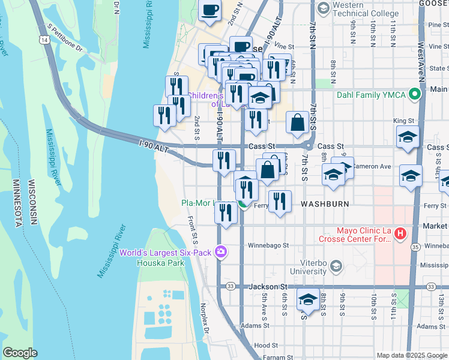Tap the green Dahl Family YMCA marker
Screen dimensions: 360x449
point(414,94)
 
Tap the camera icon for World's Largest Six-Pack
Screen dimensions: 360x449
point(220,252)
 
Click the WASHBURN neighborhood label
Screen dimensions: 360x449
point(325,204)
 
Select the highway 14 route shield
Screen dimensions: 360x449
point(44,39)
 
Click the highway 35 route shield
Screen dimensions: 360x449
point(415,246)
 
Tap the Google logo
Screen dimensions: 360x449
point(20,353)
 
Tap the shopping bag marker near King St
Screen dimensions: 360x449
point(298,123)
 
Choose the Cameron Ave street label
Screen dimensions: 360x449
point(372,166)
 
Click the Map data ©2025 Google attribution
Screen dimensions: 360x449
point(411,355)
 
